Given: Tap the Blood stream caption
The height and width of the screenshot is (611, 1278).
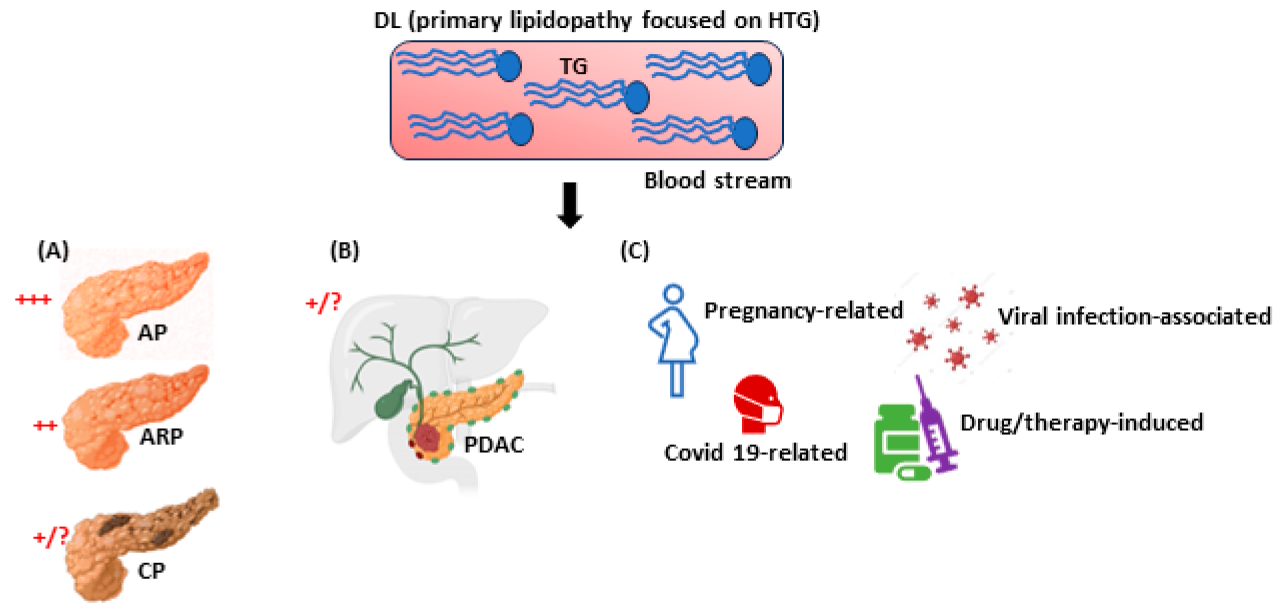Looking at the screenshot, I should (717, 181).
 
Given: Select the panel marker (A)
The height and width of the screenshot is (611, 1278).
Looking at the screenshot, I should (53, 251).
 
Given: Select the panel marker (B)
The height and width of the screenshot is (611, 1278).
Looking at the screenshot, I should (344, 251).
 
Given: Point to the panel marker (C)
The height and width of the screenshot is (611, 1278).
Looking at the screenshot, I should (635, 251).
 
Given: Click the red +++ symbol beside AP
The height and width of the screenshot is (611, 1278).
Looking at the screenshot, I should (33, 299).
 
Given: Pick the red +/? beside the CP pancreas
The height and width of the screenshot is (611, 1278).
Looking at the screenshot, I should (50, 537).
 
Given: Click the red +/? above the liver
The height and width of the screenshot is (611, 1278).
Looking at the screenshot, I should (323, 302).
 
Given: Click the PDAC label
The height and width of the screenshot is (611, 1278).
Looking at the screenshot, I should (494, 445).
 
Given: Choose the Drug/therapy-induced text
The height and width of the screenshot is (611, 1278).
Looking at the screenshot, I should (1082, 423).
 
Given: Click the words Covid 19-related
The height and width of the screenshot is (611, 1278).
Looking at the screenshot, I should (755, 453).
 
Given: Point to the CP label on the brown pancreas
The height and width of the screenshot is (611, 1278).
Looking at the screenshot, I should (151, 571).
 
